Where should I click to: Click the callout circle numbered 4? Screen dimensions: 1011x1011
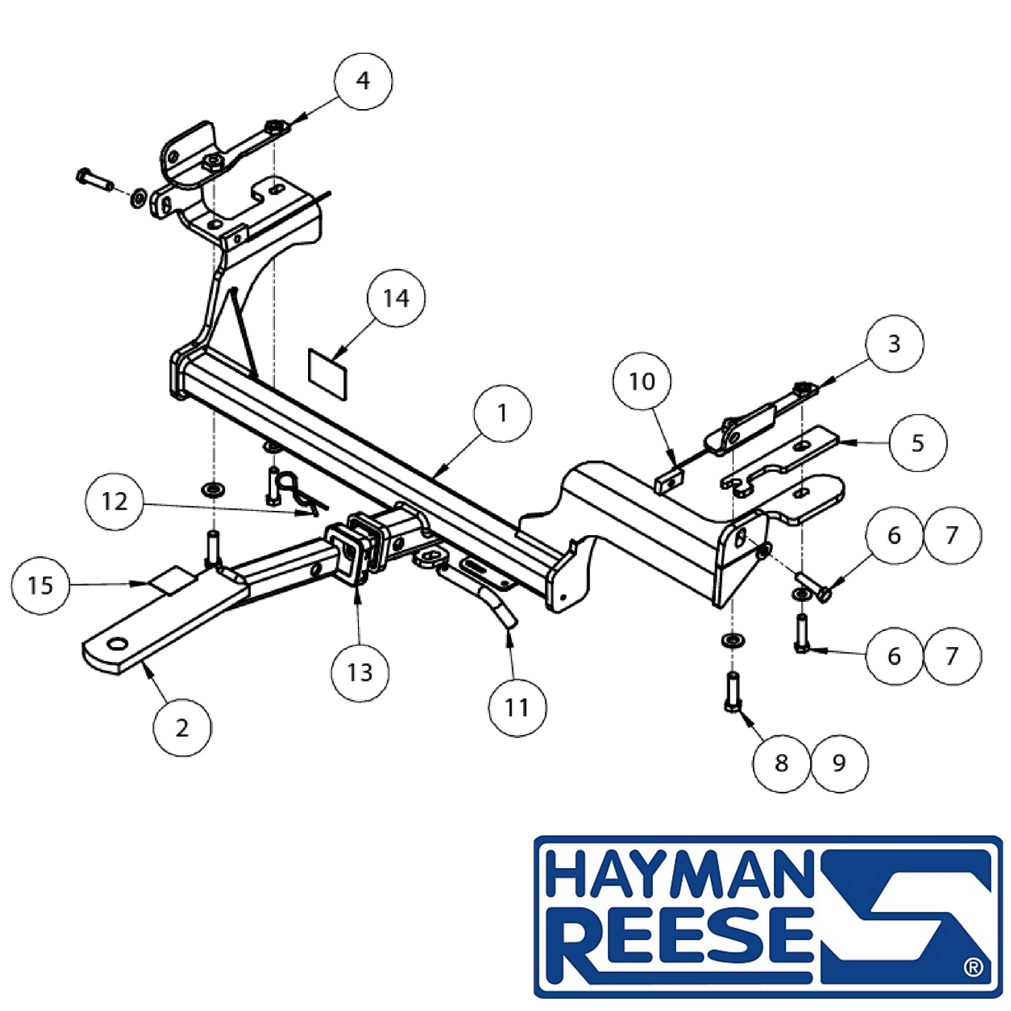[x=363, y=81]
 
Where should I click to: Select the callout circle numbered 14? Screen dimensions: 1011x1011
[x=396, y=298]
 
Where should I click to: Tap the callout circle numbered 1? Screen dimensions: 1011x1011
[x=503, y=413]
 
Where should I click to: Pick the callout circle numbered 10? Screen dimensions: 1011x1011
[x=642, y=381]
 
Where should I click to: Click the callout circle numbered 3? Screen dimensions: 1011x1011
[x=894, y=344]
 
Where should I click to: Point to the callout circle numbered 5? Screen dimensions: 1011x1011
[x=918, y=443]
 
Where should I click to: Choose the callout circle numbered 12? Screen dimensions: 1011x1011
[x=115, y=501]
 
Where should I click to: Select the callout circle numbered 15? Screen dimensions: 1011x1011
[x=40, y=585]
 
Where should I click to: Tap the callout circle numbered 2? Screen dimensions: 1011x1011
[x=182, y=728]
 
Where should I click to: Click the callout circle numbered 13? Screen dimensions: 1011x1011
[x=360, y=672]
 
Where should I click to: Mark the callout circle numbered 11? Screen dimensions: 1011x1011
[x=517, y=707]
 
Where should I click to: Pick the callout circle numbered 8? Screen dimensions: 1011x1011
[x=782, y=763]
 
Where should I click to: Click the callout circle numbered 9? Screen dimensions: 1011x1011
[x=839, y=763]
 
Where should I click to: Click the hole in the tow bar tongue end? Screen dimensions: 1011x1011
[x=117, y=644]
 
